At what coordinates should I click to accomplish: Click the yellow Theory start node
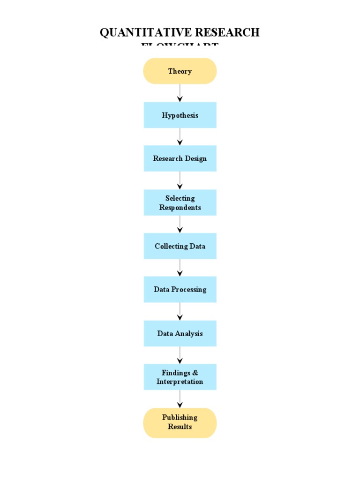180,71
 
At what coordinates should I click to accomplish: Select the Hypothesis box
180,115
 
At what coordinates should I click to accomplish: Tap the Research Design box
180,158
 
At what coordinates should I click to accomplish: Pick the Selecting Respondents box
180,202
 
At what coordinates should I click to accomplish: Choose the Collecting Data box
180,246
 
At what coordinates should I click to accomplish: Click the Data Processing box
180,289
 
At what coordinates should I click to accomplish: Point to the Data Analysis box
180,333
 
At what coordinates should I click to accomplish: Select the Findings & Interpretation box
180,377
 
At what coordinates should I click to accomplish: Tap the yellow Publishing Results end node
180,422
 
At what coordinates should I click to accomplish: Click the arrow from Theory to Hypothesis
180,93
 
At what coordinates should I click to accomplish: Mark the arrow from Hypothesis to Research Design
180,136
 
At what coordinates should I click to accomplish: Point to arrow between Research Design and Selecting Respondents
180,180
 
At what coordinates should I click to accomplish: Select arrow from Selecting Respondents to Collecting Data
180,224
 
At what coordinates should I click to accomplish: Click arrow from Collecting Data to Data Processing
180,268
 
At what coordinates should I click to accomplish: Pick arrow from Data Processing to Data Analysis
180,311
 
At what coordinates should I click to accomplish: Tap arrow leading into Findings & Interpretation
180,355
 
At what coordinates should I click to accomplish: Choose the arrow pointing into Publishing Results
180,399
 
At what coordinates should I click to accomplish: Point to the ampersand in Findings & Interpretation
195,373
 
